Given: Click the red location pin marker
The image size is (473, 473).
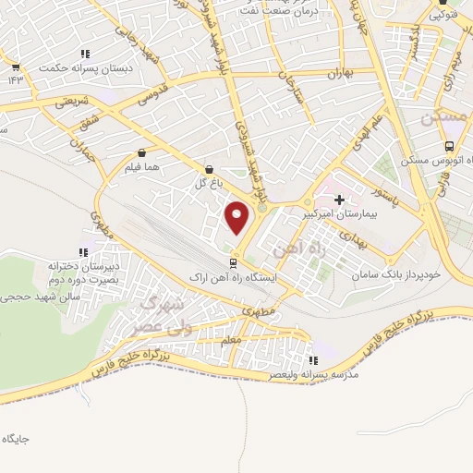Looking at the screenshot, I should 237,218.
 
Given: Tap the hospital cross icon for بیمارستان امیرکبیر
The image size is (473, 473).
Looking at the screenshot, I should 339,199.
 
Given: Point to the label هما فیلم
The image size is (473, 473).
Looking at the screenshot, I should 141,168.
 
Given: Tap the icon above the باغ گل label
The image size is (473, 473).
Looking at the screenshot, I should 209,170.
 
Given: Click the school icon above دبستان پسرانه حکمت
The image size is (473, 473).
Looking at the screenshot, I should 86,54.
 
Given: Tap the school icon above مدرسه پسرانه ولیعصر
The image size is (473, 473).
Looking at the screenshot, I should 312,360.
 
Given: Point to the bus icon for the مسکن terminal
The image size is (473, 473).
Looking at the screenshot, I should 449,146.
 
